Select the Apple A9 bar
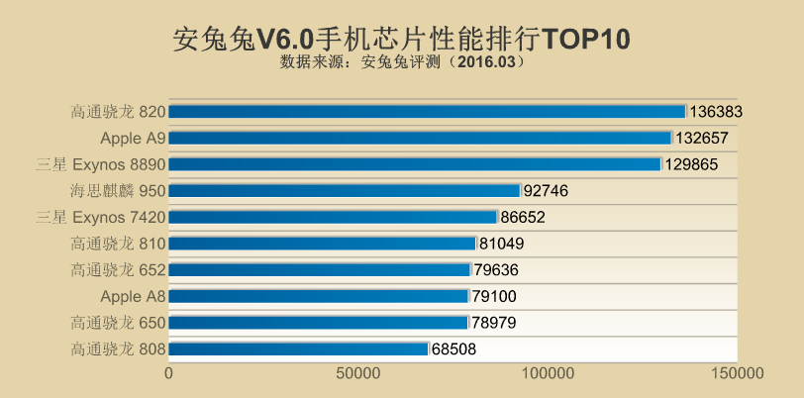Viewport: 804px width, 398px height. click(421, 138)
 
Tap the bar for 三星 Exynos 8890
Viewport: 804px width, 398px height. click(415, 164)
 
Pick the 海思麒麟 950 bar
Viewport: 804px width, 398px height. click(345, 190)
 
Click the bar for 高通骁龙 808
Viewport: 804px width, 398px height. click(298, 348)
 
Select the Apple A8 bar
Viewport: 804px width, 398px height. click(319, 296)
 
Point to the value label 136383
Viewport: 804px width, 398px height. click(716, 112)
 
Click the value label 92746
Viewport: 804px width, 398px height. click(545, 190)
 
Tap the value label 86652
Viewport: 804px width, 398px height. click(522, 217)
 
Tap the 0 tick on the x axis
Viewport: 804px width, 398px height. click(169, 374)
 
